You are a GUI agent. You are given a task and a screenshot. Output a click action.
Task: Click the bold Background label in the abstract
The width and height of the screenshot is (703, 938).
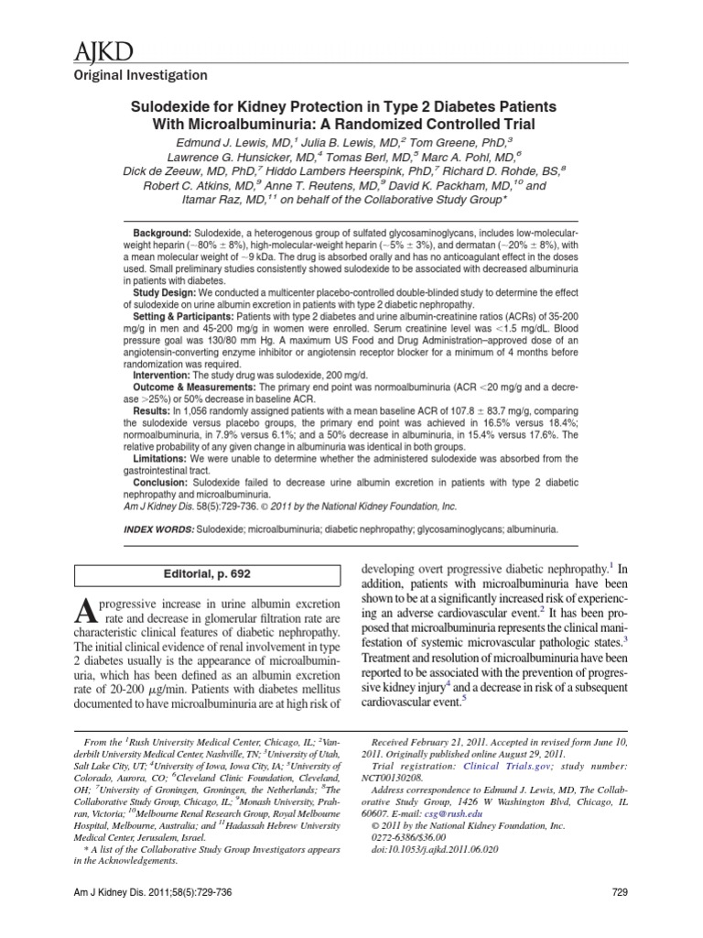click(x=164, y=235)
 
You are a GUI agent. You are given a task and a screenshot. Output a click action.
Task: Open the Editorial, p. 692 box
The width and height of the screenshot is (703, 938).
click(x=207, y=574)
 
